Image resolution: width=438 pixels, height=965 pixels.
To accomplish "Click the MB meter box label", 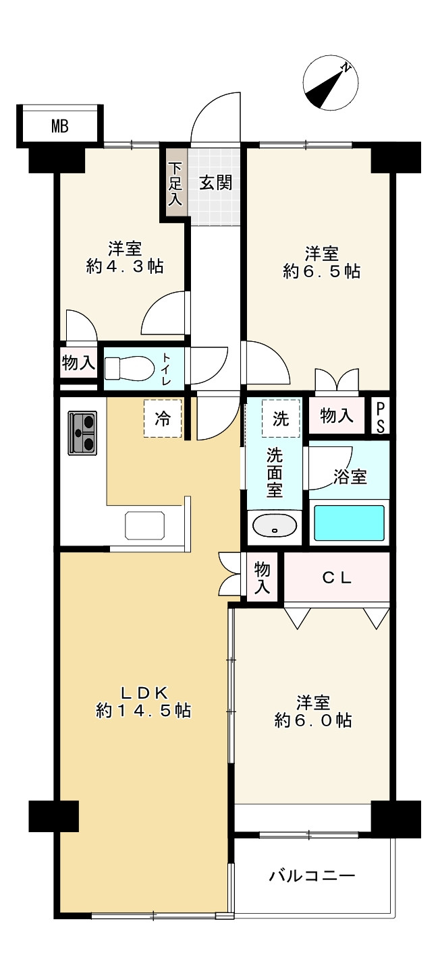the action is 60,127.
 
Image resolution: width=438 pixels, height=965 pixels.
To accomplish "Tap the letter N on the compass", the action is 346,67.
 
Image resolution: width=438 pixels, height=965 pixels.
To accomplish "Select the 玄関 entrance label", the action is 215,183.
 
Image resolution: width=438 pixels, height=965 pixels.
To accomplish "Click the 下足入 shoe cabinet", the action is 175,183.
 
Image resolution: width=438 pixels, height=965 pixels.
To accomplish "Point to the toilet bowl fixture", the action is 130,368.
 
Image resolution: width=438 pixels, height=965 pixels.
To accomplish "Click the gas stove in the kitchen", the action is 82,432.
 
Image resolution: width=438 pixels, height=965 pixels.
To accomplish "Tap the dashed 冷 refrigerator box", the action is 163,418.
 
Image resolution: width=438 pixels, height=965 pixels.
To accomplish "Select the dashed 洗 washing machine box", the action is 281,418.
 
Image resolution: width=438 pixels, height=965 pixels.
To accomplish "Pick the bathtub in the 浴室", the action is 349,523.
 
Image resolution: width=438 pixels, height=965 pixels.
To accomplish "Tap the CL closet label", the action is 337,578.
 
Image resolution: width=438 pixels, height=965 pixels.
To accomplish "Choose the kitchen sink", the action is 144,525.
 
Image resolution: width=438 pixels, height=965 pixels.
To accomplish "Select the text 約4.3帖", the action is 125,266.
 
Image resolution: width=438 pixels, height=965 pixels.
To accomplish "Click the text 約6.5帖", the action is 322,271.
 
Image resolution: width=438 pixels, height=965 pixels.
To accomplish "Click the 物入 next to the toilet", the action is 78,363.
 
